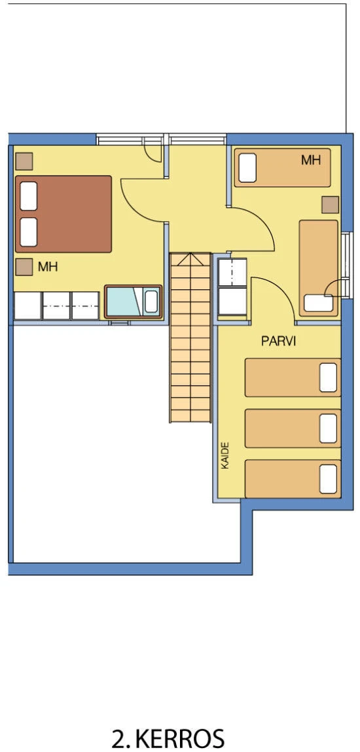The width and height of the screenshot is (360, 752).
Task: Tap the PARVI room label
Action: (278, 341)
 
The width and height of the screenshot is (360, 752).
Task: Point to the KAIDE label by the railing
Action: (225, 456)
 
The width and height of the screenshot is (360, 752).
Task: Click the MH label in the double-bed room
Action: (48, 267)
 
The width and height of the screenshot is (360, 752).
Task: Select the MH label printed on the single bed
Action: (311, 160)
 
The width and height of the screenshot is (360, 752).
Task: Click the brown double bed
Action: (63, 214)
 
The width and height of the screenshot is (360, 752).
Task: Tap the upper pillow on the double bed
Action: (29, 196)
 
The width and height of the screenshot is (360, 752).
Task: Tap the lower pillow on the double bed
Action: (29, 232)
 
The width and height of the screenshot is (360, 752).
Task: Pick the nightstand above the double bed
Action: (24, 161)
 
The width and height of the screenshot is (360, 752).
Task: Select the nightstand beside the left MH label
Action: (24, 267)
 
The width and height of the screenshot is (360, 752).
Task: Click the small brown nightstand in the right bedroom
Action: (331, 205)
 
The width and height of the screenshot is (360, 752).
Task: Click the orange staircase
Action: (190, 338)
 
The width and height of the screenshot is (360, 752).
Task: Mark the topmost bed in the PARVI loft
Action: (293, 378)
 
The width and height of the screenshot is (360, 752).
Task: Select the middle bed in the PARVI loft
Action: (293, 428)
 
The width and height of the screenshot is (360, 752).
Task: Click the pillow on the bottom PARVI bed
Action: (328, 479)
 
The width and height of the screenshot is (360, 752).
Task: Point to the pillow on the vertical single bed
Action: (318, 303)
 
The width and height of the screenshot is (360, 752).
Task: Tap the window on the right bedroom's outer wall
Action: (345, 264)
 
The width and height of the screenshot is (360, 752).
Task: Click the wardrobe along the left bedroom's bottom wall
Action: (56, 306)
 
